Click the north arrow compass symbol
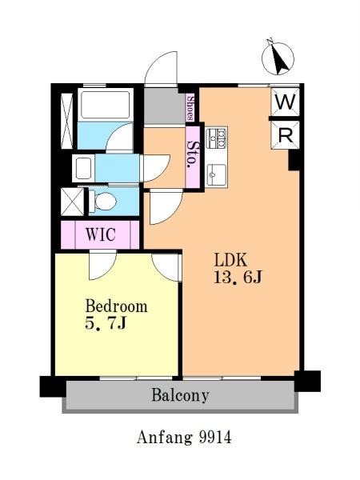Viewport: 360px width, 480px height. tap(278, 58)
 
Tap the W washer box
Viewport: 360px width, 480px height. tap(285, 102)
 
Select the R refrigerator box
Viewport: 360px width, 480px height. tap(285, 135)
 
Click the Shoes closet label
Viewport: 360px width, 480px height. tap(190, 107)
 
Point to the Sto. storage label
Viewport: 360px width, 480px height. tap(193, 154)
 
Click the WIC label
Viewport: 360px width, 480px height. tap(101, 234)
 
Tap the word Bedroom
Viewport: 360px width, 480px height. tap(116, 306)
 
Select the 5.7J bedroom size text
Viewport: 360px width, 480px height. tap(106, 323)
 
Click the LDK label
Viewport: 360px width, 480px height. tap(230, 260)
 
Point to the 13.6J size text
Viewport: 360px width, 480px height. tap(238, 278)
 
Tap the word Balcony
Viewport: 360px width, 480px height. tap(180, 395)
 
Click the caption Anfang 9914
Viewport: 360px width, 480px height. tap(184, 437)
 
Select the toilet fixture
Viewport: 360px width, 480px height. tap(103, 201)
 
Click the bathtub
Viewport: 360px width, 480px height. tap(106, 104)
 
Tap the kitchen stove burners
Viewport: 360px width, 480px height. tap(217, 137)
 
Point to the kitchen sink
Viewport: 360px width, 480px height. tap(217, 174)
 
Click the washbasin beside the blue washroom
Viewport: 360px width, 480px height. tap(83, 168)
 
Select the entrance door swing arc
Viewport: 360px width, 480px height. tap(161, 67)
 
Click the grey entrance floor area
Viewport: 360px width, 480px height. tap(165, 106)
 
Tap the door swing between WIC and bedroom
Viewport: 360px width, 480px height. tap(103, 265)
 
